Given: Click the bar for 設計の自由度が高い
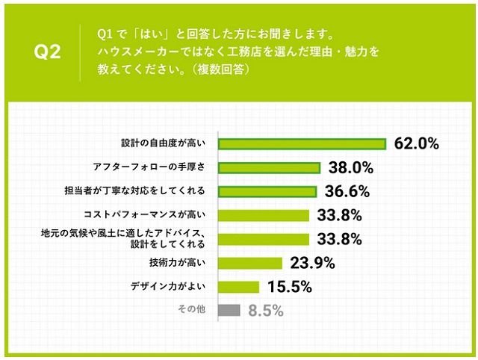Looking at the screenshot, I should [301, 144].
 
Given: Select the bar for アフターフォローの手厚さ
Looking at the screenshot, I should [269, 168].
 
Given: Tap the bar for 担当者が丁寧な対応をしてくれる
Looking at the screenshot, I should [267, 192].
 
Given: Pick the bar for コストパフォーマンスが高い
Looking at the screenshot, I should [263, 216].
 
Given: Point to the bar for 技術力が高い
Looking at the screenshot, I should [250, 263].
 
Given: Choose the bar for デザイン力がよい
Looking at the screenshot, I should [239, 287].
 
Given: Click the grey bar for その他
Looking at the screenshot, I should [229, 311].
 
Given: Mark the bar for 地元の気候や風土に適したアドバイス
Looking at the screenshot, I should [263, 239].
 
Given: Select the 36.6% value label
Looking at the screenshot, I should [348, 192].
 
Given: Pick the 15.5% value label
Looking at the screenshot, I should [287, 287].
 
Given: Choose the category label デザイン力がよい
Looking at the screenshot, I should [177, 287].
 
